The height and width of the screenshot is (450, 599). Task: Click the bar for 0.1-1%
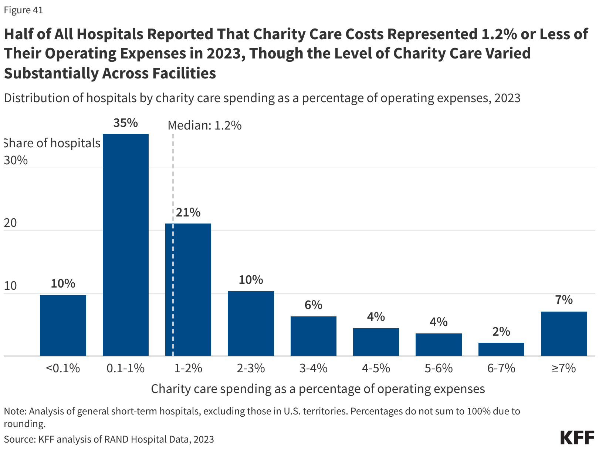(126, 245)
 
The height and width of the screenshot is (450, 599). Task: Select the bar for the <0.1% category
(63, 325)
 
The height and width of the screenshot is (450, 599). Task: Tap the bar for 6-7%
(501, 349)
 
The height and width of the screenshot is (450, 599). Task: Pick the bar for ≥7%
(564, 333)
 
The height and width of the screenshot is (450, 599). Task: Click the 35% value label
(126, 123)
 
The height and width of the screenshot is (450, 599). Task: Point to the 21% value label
(188, 213)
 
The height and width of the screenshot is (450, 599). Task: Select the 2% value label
(501, 332)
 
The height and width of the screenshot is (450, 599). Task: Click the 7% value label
(564, 300)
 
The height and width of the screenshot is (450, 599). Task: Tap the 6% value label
(314, 305)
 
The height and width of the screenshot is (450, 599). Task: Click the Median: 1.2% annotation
(204, 125)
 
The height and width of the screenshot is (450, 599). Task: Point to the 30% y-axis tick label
(16, 160)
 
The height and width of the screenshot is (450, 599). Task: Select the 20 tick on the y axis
(10, 223)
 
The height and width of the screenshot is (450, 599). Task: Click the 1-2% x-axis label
(188, 368)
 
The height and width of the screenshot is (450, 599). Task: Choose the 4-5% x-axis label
(376, 368)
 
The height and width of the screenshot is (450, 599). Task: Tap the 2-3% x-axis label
(251, 368)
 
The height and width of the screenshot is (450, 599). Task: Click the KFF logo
(577, 437)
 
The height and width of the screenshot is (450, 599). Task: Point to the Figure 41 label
(23, 10)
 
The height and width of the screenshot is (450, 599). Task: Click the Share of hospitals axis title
(52, 143)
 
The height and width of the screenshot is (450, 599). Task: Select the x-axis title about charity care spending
(318, 389)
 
